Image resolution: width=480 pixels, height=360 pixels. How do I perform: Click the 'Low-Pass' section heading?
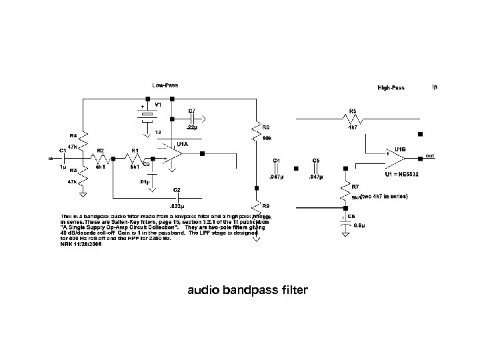click(165, 85)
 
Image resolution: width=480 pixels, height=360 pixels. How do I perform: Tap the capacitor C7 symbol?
click(195, 119)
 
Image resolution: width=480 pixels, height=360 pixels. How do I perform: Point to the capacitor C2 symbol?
click(176, 197)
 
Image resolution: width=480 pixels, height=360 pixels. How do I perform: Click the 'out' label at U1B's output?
click(430, 156)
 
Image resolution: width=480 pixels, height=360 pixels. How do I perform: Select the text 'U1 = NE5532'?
click(402, 174)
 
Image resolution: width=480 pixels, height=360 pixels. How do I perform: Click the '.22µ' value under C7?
click(193, 127)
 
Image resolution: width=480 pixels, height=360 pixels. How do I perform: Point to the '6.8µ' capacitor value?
click(358, 226)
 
